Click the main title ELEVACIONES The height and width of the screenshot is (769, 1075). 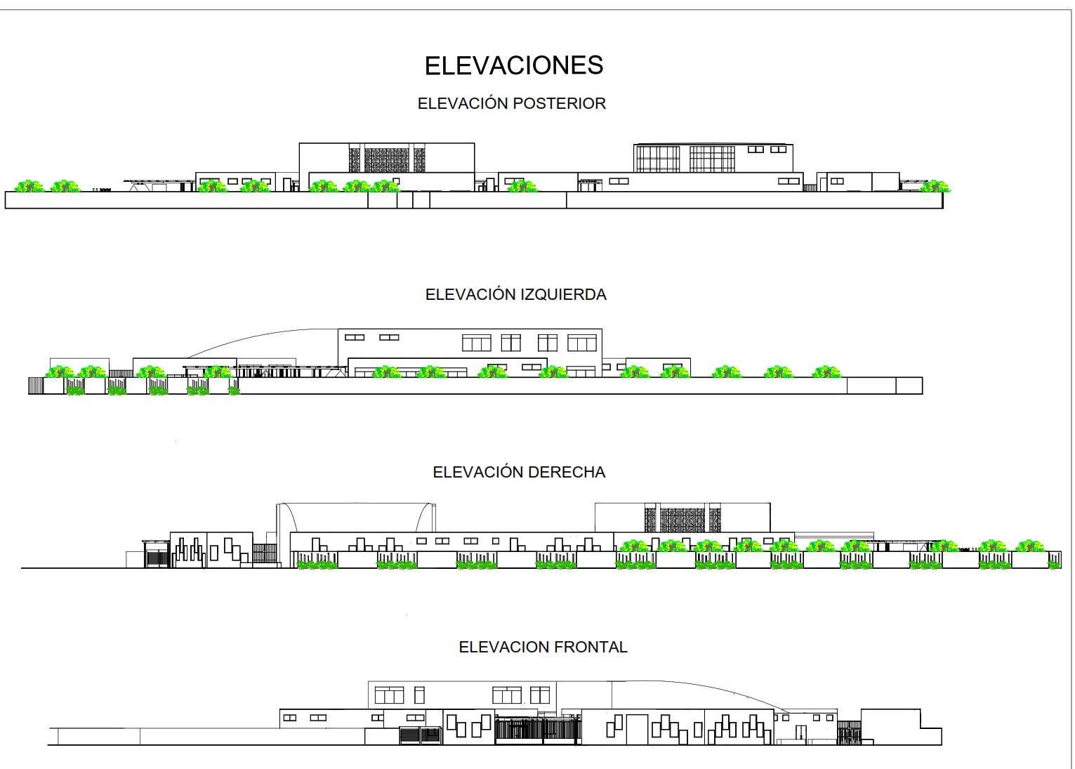[x=513, y=65]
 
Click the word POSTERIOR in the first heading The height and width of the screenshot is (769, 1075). [x=559, y=104]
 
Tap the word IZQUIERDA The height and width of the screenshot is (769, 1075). [x=563, y=294]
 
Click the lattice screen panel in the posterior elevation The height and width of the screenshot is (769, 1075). [x=388, y=159]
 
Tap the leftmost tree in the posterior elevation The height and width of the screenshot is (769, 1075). [x=29, y=186]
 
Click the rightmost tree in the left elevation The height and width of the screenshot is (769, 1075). [x=826, y=372]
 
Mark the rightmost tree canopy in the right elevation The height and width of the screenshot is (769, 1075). [x=1029, y=546]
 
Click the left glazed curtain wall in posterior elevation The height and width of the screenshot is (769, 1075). [x=658, y=159]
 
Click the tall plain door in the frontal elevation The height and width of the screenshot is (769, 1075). [x=637, y=729]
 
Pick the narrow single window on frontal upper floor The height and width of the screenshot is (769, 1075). [x=419, y=695]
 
